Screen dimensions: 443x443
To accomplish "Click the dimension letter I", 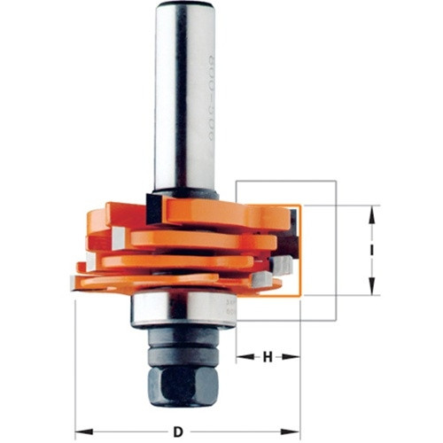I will [x=372, y=251].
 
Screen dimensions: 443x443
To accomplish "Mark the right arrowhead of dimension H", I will [x=297, y=357].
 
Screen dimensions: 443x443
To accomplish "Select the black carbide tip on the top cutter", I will [x=152, y=209].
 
